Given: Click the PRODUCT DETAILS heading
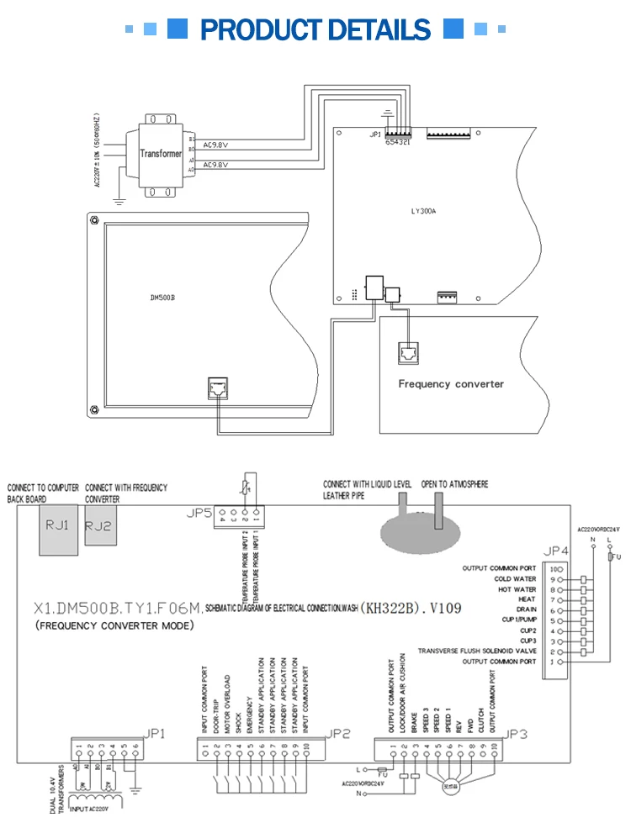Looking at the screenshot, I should tap(315, 29).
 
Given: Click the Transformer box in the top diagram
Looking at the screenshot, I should tap(161, 155).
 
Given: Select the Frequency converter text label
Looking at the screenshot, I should tap(451, 383).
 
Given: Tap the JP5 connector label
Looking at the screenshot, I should tap(199, 512).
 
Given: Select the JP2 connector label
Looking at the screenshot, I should tap(337, 733).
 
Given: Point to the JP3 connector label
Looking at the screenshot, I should tap(517, 733).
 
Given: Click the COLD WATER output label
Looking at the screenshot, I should tap(515, 579).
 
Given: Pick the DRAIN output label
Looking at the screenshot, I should tap(526, 609).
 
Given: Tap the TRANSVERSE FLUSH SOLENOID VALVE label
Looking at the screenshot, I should tap(476, 651).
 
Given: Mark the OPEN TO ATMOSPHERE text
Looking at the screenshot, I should tap(454, 484).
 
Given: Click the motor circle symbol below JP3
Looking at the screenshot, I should tap(452, 786).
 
